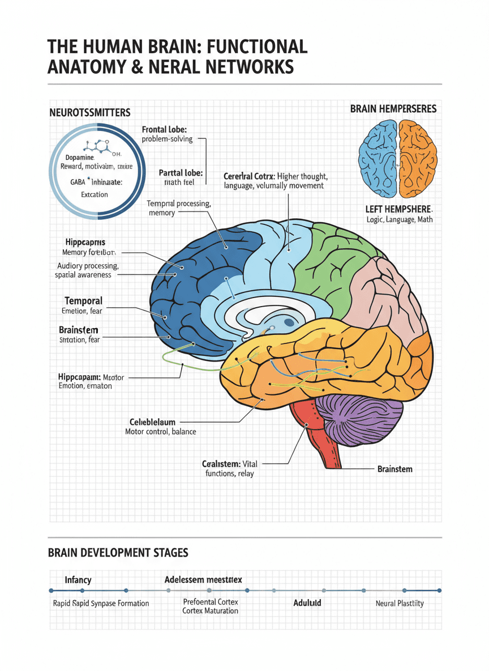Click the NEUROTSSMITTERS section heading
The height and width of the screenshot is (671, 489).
coord(89,113)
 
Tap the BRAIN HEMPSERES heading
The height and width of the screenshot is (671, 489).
coord(393,108)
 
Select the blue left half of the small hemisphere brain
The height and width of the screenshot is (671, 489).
coord(379,152)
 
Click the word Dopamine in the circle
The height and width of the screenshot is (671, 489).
coord(80,157)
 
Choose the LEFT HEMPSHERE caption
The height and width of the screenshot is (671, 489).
coord(398,209)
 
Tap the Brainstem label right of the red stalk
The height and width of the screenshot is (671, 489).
coord(394,469)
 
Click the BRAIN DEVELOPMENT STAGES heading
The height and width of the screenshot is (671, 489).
coord(118,552)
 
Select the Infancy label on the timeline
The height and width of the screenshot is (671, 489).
coord(78,580)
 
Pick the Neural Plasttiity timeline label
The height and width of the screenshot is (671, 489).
coord(400,604)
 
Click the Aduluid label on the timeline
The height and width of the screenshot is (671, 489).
coord(307,603)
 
